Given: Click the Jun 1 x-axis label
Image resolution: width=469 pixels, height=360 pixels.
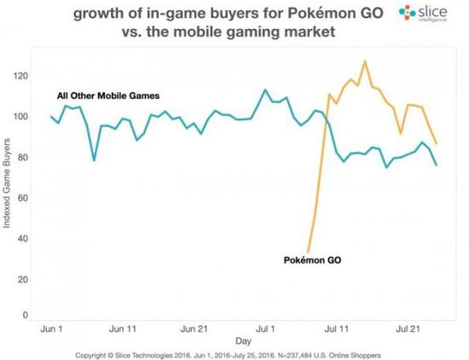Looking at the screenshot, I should pos(52,328).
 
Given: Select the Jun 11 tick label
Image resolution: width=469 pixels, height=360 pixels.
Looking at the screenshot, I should pos(124,328).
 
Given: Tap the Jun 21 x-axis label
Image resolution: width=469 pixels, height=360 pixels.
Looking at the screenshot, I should pos(195,328).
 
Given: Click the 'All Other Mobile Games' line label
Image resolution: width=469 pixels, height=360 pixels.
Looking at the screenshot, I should pos(108,94).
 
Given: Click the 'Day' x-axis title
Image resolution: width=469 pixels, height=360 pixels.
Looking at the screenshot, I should pos(243,340).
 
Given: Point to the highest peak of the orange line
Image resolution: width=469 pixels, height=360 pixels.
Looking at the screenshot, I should pos(365,61).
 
